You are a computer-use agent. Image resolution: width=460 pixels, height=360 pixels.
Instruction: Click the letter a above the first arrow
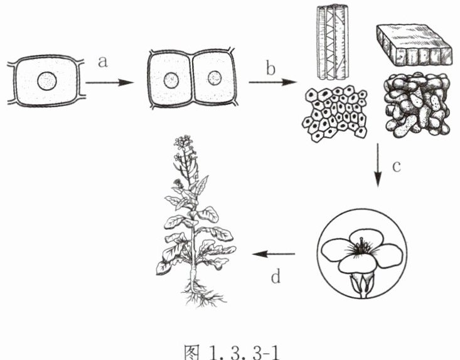pyautogui.click(x=103, y=62)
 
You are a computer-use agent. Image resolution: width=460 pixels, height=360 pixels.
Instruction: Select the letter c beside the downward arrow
pyautogui.click(x=397, y=166)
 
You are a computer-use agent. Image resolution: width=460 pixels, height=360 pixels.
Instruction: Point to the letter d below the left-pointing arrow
pyautogui.click(x=275, y=276)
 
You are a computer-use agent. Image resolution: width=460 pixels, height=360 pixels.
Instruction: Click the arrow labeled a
pyautogui.click(x=109, y=83)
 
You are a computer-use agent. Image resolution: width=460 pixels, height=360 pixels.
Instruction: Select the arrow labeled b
pyautogui.click(x=273, y=82)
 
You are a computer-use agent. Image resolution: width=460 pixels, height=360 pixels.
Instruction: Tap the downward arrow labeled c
pyautogui.click(x=378, y=165)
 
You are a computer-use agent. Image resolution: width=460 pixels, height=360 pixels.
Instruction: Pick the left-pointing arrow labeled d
pyautogui.click(x=274, y=254)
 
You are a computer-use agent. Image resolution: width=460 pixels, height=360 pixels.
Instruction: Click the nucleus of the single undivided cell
pyautogui.click(x=47, y=81)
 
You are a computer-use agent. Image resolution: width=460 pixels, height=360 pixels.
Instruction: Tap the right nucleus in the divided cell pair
pyautogui.click(x=215, y=78)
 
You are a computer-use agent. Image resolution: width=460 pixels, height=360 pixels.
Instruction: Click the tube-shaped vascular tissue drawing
pyautogui.click(x=333, y=42)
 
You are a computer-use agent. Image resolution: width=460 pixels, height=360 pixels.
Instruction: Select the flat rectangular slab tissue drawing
pyautogui.click(x=414, y=45)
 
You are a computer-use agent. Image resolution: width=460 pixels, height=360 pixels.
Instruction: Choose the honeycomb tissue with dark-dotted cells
pyautogui.click(x=334, y=114)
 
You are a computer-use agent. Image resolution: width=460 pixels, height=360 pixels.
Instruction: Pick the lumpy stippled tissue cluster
pyautogui.click(x=417, y=105)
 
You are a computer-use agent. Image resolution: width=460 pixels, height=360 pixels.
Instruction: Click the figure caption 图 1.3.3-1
pyautogui.click(x=232, y=352)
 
